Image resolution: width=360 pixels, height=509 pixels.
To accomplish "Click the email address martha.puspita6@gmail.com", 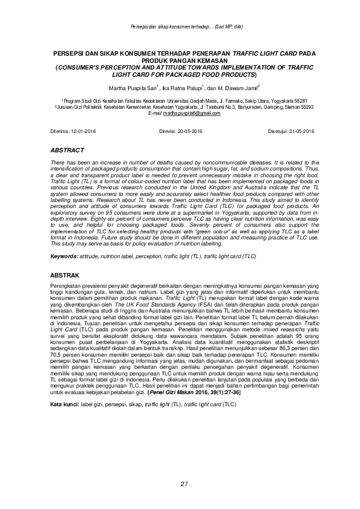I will click(x=195, y=113).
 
